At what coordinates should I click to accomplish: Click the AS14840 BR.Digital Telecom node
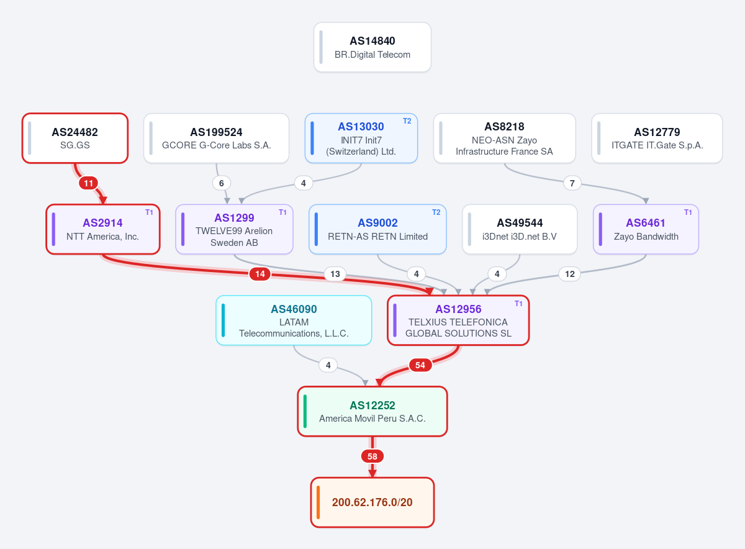[x=372, y=47]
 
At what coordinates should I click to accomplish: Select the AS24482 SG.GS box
[x=75, y=138]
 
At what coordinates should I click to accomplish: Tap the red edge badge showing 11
[x=88, y=183]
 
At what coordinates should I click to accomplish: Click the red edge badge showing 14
[x=260, y=274]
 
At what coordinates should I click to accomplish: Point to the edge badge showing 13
[x=335, y=274]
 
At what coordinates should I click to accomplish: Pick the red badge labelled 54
[x=420, y=365]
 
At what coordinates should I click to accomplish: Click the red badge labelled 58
[x=372, y=456]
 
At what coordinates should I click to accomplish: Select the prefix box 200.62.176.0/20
[x=372, y=502]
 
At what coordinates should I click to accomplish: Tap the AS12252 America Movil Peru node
[x=372, y=411]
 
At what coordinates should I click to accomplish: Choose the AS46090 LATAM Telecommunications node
[x=294, y=320]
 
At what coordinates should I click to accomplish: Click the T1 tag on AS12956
[x=518, y=304]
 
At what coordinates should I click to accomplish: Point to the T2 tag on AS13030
[x=407, y=121]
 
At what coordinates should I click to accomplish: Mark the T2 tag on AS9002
[x=436, y=212]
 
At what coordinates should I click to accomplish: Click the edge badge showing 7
[x=572, y=183]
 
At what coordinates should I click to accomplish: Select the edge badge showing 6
[x=221, y=183]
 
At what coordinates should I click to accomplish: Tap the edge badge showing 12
[x=570, y=274]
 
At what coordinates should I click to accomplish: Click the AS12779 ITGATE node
[x=657, y=138]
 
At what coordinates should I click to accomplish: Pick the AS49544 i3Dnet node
[x=520, y=229]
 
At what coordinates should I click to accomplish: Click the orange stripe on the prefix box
[x=318, y=502]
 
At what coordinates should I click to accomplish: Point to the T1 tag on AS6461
[x=688, y=212]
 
